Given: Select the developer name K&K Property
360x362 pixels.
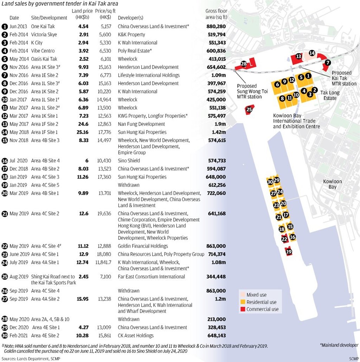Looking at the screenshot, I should pyautogui.click(x=131, y=34).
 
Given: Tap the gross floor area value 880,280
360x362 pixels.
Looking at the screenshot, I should pyautogui.click(x=216, y=26).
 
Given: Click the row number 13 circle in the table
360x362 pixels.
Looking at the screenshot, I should pyautogui.click(x=5, y=124).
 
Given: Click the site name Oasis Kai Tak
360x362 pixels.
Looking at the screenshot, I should pyautogui.click(x=44, y=59).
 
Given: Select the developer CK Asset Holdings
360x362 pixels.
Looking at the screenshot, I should pyautogui.click(x=136, y=335).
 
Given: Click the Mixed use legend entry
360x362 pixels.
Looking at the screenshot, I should pyautogui.click(x=256, y=295).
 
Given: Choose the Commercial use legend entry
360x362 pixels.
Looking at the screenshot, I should pyautogui.click(x=262, y=309).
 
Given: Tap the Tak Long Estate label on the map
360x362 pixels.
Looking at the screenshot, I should pyautogui.click(x=330, y=95).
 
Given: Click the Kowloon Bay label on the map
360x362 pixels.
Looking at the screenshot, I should pyautogui.click(x=332, y=184).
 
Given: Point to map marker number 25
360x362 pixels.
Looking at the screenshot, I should pyautogui.click(x=249, y=110).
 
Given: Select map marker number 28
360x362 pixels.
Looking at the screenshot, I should pyautogui.click(x=244, y=64).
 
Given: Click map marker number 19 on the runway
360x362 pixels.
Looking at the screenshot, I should pyautogui.click(x=289, y=251).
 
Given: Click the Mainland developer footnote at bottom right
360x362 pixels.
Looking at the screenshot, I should pyautogui.click(x=339, y=345).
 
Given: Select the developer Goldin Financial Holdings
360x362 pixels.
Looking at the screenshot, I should pyautogui.click(x=143, y=246).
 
